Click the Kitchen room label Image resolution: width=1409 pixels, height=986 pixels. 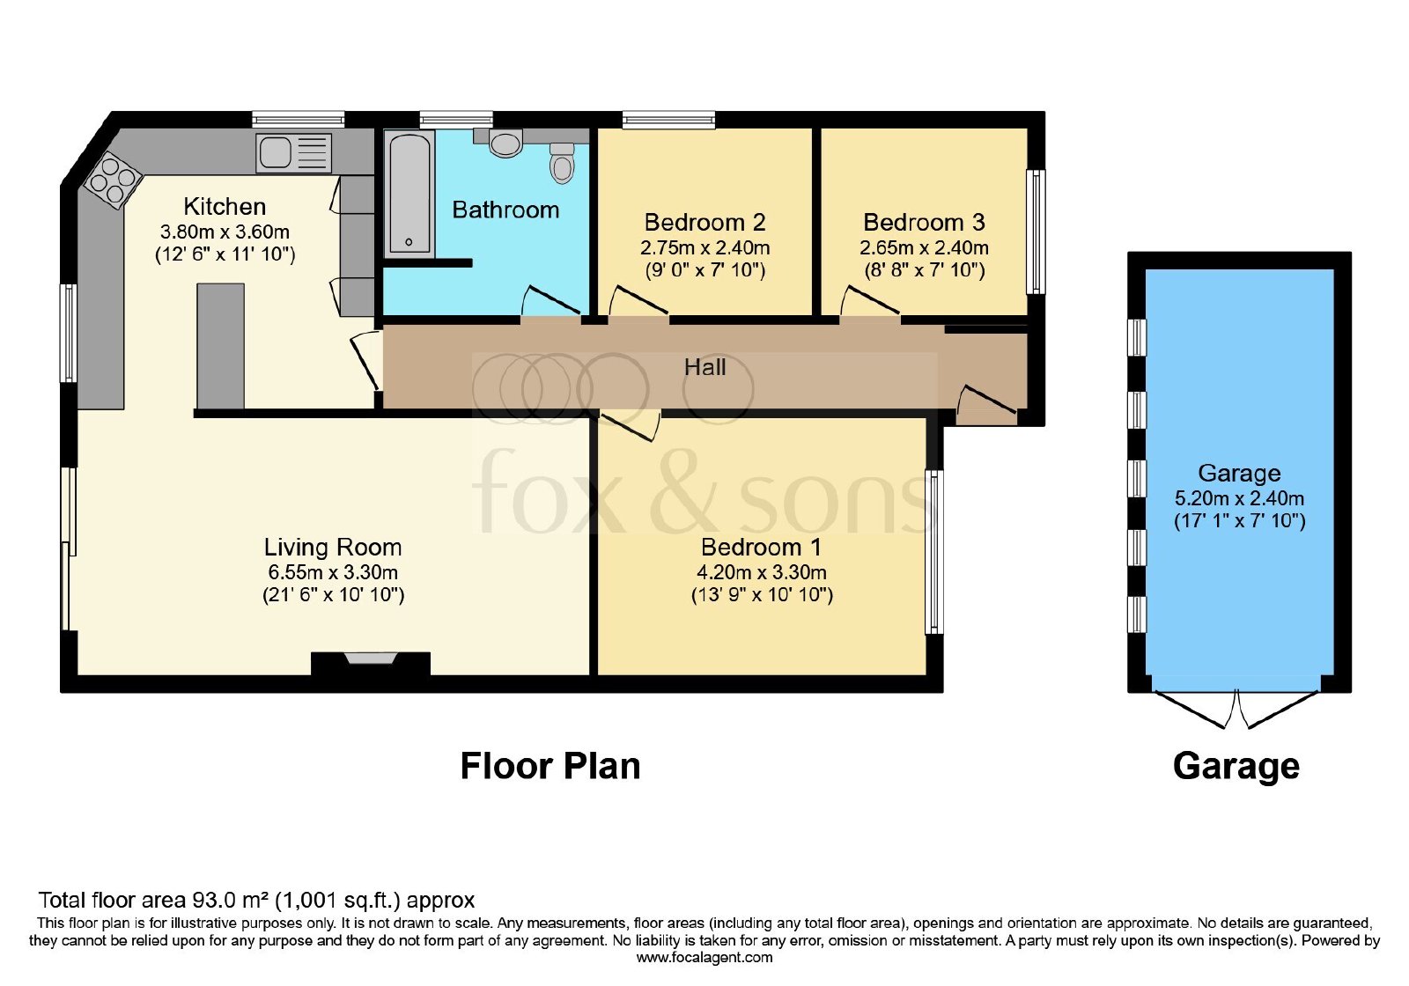[x=225, y=206]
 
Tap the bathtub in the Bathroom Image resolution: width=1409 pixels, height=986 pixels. [x=409, y=194]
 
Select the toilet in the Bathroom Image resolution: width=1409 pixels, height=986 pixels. [x=562, y=162]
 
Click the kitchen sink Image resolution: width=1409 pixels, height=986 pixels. [x=294, y=153]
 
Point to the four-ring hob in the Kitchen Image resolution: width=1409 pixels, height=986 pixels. [x=114, y=180]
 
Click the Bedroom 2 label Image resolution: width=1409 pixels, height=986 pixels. [x=704, y=222]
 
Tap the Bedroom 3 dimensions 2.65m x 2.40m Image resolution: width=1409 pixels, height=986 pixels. [x=924, y=247]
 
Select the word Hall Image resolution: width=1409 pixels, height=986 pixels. [x=704, y=367]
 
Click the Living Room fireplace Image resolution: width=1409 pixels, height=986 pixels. [x=371, y=664]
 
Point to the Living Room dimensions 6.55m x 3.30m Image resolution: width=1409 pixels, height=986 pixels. [x=333, y=572]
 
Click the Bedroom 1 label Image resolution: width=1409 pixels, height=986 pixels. [x=761, y=547]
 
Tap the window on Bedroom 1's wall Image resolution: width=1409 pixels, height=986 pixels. [x=934, y=551]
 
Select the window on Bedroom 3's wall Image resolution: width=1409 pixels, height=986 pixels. [x=1036, y=232]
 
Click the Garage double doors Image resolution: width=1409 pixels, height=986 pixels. [x=1236, y=709]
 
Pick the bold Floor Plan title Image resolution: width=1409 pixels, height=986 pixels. [x=550, y=766]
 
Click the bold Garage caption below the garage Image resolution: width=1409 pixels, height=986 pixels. [x=1236, y=767]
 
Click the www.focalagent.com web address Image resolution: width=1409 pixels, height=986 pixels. [x=704, y=958]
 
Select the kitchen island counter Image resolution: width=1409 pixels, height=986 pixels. [x=220, y=346]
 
